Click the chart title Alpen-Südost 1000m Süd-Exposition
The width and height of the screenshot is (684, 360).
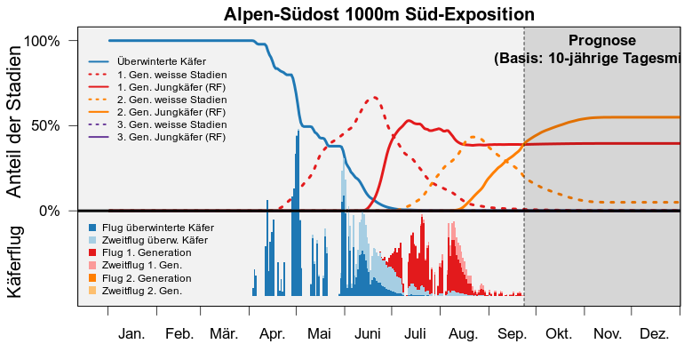pyautogui.click(x=378, y=14)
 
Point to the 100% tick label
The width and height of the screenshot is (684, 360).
pyautogui.click(x=42, y=41)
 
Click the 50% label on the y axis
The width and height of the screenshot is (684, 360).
pyautogui.click(x=46, y=125)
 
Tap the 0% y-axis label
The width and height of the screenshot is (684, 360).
pyautogui.click(x=49, y=211)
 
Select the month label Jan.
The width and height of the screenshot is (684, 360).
pyautogui.click(x=131, y=334)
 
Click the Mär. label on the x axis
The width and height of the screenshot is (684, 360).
pyautogui.click(x=224, y=334)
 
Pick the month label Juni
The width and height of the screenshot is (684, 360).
pyautogui.click(x=367, y=334)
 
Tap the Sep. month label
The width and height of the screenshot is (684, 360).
pyautogui.click(x=513, y=334)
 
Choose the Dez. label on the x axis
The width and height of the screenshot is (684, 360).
pyautogui.click(x=655, y=334)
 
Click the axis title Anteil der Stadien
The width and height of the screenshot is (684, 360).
pyautogui.click(x=14, y=122)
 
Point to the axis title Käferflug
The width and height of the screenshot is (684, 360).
pyautogui.click(x=14, y=262)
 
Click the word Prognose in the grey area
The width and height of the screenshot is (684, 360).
pyautogui.click(x=602, y=41)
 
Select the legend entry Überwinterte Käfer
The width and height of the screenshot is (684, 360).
pyautogui.click(x=147, y=62)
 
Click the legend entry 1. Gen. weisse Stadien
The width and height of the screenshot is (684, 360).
pyautogui.click(x=158, y=75)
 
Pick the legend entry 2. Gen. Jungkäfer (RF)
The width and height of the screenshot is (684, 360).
pyautogui.click(x=157, y=112)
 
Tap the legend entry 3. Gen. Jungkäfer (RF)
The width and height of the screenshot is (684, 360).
pyautogui.click(x=157, y=137)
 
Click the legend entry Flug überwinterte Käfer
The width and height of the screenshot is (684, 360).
pyautogui.click(x=151, y=228)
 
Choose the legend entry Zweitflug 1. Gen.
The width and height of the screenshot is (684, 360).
pyautogui.click(x=135, y=265)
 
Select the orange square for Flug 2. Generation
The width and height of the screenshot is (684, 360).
pyautogui.click(x=92, y=278)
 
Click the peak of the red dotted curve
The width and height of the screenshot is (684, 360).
pyautogui.click(x=374, y=97)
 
